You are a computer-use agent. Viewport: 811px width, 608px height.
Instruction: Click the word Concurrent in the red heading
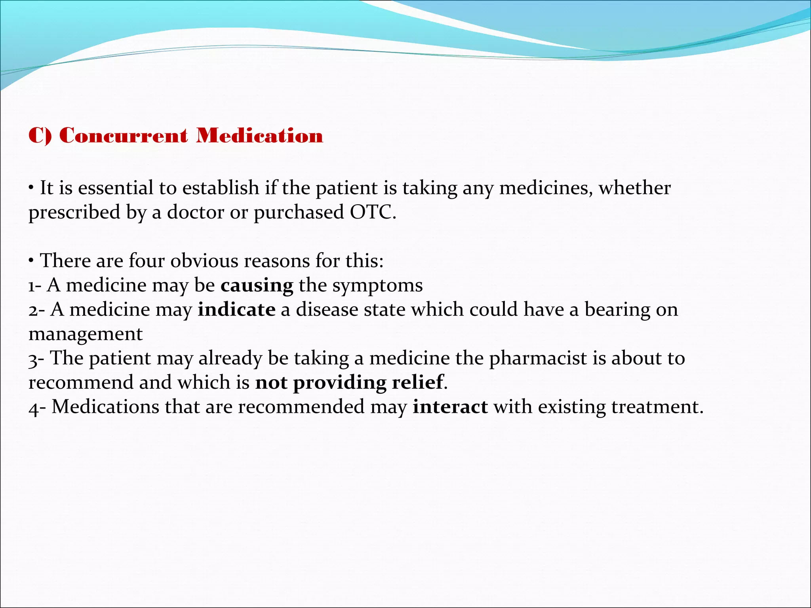123,136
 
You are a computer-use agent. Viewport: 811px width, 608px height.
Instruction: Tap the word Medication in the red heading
260,136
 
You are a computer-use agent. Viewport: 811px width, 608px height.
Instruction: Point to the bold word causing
257,285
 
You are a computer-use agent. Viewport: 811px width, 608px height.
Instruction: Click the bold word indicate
236,310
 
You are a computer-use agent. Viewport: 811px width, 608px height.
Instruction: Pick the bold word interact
450,407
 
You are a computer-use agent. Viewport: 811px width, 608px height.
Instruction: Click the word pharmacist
538,358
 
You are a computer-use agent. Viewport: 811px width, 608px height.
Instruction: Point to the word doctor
196,212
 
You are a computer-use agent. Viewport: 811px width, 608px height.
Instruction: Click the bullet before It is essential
31,188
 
